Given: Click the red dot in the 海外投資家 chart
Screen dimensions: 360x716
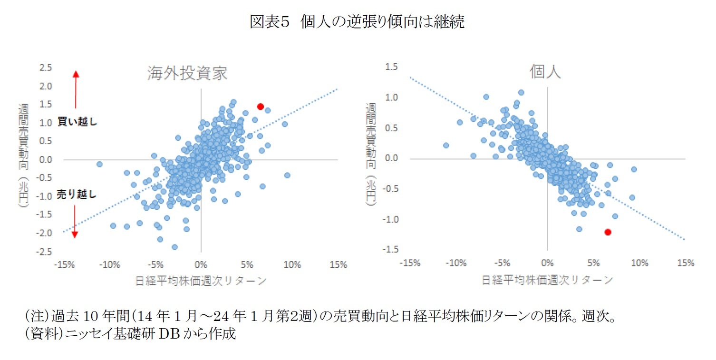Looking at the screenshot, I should [x=260, y=107].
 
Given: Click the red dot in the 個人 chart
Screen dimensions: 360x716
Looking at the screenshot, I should [x=608, y=232].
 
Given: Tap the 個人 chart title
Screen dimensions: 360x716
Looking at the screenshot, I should [x=545, y=72].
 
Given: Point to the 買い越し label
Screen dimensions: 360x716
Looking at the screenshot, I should [x=77, y=122].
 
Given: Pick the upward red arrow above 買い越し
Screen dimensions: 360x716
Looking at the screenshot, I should [x=76, y=89].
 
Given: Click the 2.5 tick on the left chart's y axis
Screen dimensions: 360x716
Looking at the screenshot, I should [x=46, y=68].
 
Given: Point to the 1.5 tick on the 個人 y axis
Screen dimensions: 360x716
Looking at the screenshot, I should [x=391, y=67].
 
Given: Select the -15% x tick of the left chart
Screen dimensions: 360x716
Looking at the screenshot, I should [x=64, y=265].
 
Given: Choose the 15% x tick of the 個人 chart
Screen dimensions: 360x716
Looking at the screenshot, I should [x=685, y=263].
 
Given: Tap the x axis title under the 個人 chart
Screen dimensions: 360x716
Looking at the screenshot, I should [x=548, y=280].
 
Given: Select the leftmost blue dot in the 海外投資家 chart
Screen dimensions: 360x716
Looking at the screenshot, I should [x=99, y=164].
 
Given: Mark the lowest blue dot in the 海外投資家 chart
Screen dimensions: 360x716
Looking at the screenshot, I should [x=174, y=247].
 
